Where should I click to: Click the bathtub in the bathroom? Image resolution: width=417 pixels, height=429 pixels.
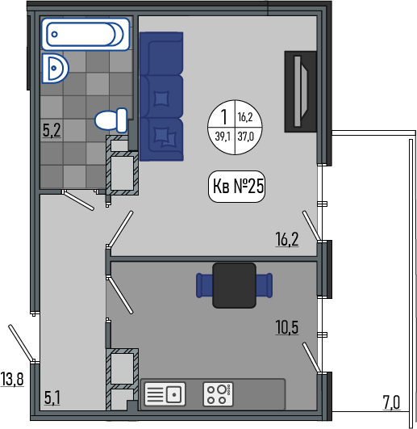point(85,34)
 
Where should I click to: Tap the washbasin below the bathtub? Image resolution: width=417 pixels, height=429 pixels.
point(55,68)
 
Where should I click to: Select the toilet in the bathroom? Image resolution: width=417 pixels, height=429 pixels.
point(111,120)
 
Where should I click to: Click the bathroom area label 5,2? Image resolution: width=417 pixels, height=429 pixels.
point(52,130)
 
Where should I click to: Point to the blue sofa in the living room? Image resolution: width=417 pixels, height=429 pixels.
point(161,96)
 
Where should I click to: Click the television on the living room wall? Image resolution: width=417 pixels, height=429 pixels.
point(300,91)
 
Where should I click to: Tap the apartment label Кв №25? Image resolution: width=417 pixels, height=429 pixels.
point(237,187)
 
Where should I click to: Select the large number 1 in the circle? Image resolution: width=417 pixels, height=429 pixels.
point(224,116)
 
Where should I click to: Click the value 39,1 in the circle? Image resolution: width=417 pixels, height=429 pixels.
point(223,137)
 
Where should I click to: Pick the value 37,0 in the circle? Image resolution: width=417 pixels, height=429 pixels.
point(246,137)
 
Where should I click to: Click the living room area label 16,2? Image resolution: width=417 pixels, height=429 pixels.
point(287,239)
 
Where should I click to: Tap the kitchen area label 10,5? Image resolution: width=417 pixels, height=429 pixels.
point(287,327)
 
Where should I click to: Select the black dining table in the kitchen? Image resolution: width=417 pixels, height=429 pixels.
point(234,285)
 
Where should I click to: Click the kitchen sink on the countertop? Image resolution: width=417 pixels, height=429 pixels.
point(165,394)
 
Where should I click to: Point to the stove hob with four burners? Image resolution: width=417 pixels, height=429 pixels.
point(219,394)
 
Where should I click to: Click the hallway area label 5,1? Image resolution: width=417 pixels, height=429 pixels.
point(52,397)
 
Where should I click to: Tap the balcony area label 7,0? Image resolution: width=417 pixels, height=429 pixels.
point(391,402)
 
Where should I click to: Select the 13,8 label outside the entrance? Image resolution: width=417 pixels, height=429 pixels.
point(12,379)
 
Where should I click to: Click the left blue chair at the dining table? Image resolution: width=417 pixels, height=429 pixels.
point(204,285)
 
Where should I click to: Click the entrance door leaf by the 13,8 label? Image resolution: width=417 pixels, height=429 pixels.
point(21,343)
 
